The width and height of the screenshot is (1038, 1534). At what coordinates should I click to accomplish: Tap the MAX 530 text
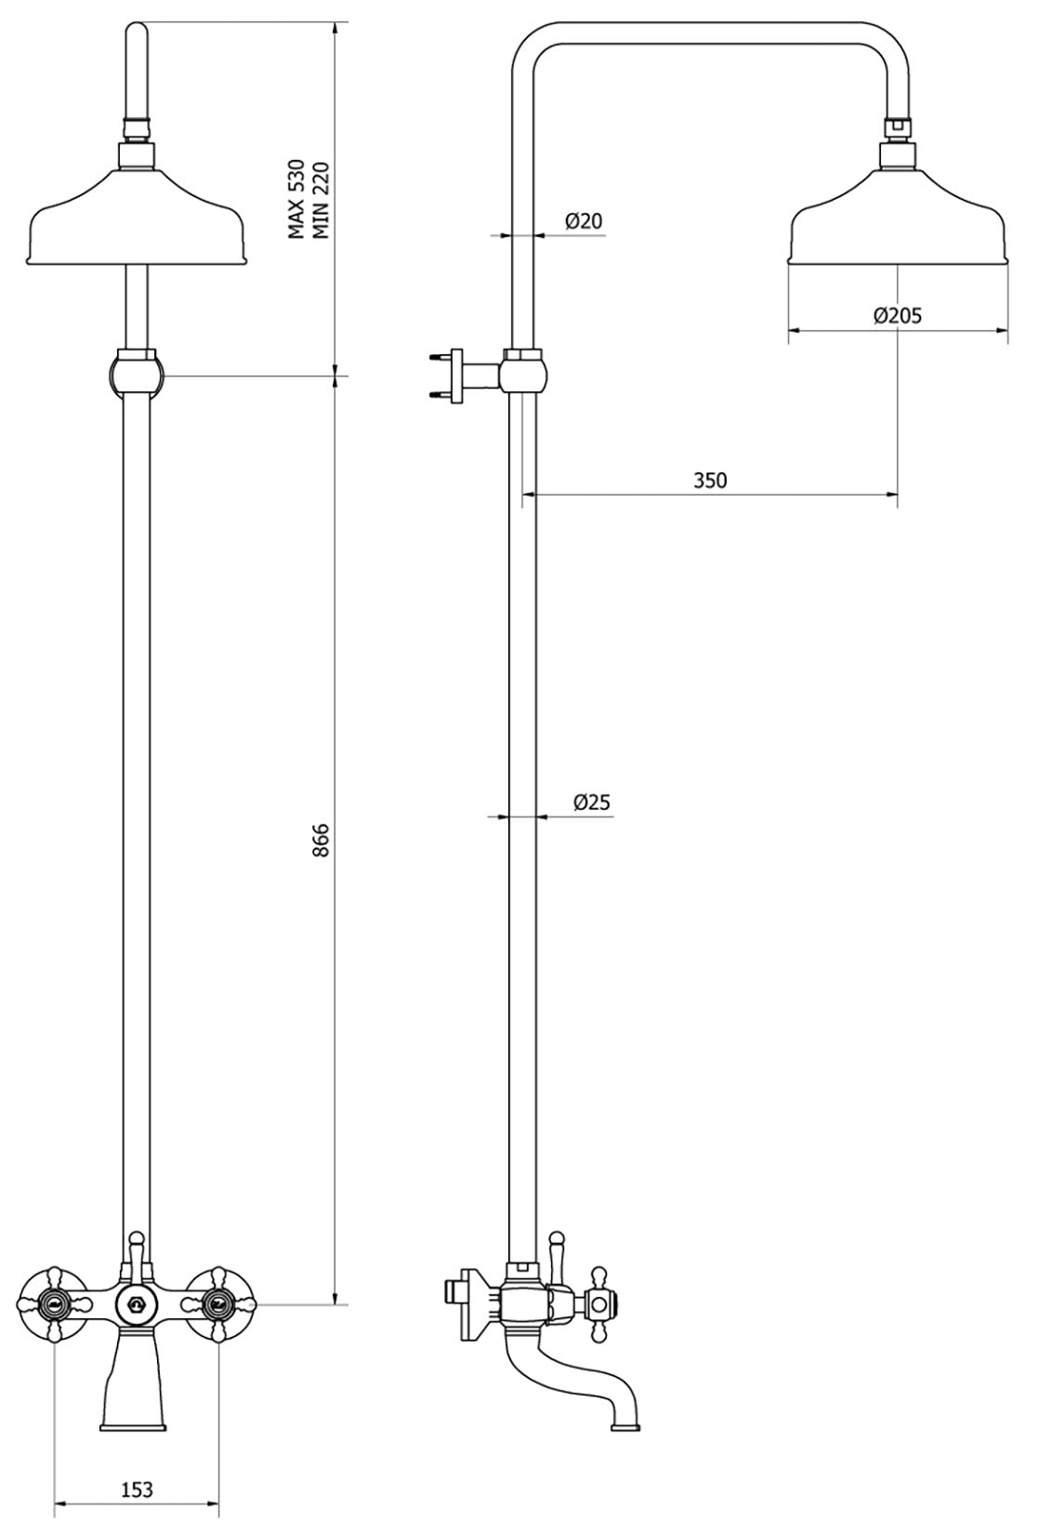tap(296, 199)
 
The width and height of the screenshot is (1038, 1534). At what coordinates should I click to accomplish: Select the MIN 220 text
tap(321, 199)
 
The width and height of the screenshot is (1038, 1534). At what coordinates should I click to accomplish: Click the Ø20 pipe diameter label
tap(584, 220)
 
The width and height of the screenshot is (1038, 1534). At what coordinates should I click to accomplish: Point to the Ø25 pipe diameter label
tap(592, 801)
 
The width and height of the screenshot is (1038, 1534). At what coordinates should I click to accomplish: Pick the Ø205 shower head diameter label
tap(897, 315)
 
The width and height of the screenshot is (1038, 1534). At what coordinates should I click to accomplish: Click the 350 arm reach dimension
tap(710, 480)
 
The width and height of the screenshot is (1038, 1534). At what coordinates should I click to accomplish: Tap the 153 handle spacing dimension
tap(137, 1488)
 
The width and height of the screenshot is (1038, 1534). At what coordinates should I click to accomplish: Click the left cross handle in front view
tap(55, 1304)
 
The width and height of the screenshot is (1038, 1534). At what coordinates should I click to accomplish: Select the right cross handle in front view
tap(219, 1304)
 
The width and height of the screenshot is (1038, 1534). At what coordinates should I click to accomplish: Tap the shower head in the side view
tap(898, 218)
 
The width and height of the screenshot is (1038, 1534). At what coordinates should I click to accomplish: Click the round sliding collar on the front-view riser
tap(137, 372)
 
